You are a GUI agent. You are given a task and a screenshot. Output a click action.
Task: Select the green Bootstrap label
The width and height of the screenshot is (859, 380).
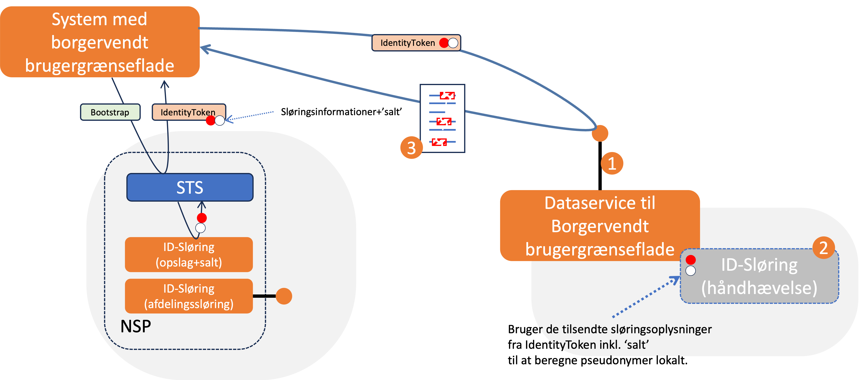click(110, 112)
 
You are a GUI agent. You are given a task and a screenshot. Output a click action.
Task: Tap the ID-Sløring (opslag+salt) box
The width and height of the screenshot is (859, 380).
click(189, 255)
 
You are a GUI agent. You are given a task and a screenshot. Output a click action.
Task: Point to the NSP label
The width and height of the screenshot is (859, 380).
click(135, 326)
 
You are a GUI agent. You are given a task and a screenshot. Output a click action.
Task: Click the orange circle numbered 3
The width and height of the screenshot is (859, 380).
click(411, 148)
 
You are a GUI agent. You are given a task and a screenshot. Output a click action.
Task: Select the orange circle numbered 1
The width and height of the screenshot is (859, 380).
click(612, 163)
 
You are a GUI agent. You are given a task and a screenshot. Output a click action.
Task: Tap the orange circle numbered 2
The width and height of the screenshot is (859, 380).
click(823, 248)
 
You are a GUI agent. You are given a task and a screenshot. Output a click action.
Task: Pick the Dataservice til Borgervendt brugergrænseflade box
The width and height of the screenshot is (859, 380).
click(600, 226)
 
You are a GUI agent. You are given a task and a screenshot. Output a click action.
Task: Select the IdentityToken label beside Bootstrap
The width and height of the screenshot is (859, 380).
click(188, 112)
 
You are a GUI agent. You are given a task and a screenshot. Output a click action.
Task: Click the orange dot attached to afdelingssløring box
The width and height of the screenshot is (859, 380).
click(284, 296)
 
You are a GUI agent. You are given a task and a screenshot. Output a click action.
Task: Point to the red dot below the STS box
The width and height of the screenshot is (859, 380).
click(202, 218)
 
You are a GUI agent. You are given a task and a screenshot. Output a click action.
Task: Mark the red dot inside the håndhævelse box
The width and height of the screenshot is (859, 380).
click(691, 259)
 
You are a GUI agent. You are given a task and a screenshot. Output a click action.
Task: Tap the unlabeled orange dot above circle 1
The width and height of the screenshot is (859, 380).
click(600, 133)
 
